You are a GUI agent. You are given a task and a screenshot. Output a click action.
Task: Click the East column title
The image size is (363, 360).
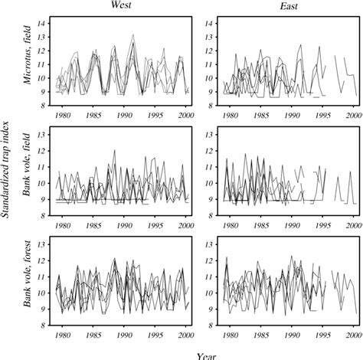point(279,6)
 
